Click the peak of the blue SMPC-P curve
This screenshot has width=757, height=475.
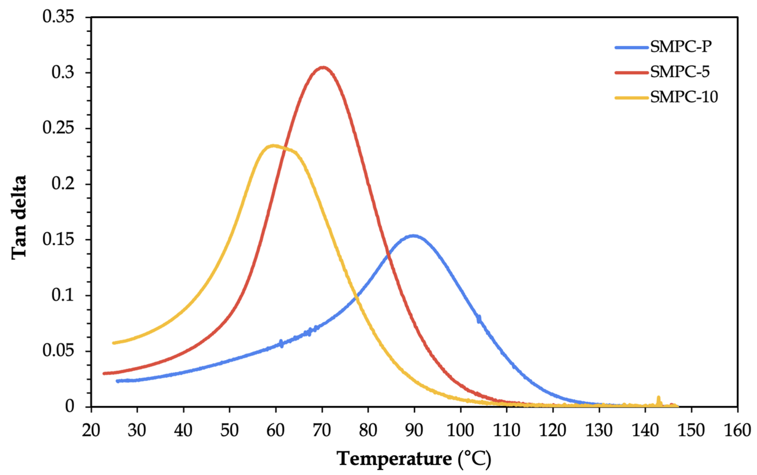413,235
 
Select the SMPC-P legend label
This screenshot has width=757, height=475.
680,47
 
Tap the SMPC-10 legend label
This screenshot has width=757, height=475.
684,97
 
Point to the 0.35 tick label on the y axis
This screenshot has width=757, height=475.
58,17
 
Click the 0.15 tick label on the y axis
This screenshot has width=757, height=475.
58,240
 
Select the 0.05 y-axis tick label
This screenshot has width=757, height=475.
58,351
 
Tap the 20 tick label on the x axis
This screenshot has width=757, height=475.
91,430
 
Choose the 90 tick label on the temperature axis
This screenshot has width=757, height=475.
414,430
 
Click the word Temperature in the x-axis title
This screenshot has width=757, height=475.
394,459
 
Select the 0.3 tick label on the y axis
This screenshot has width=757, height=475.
63,73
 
